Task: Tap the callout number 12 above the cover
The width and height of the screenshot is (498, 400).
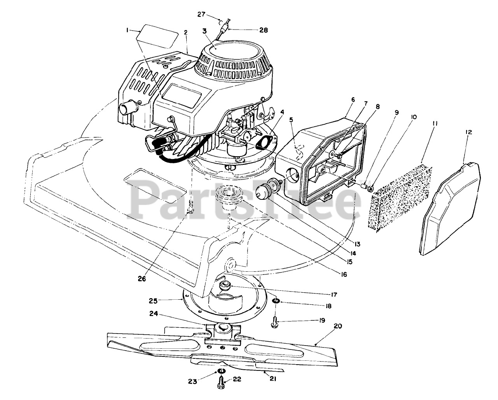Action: (468, 132)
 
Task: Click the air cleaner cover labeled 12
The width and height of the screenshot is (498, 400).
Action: (449, 210)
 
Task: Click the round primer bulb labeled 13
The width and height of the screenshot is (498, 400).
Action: (264, 190)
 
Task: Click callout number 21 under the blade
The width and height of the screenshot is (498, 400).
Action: (273, 378)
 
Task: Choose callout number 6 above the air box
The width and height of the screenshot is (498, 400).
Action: (352, 100)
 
